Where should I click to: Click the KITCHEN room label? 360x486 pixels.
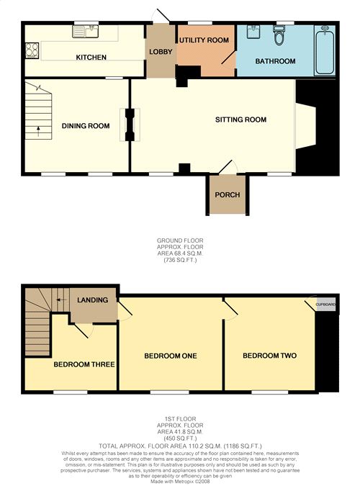coord(91,58)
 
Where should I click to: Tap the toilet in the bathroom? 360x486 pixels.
coord(279,35)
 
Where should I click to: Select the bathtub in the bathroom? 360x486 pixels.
coord(325,50)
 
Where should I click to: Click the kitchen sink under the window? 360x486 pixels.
coord(85,32)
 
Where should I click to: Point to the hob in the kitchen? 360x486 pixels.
coord(32,50)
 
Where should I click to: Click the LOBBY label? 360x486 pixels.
coord(161,52)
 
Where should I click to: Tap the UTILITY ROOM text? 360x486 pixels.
coord(204,40)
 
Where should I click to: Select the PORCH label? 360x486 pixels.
coord(228,195)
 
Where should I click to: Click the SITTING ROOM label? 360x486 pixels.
coord(240,120)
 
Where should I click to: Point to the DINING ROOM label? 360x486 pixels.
coord(86,126)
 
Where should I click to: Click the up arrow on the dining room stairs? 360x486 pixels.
coord(38,131)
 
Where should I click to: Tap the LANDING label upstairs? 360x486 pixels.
coord(93,300)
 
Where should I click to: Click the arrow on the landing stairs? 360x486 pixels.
coord(61,300)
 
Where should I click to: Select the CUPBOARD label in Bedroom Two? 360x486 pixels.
coord(325,305)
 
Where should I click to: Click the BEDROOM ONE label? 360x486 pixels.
coord(171,356)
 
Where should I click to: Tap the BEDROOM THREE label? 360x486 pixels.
coord(84,364)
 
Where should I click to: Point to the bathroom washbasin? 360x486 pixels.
coord(254,32)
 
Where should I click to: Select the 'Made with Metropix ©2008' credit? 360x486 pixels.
coord(180,482)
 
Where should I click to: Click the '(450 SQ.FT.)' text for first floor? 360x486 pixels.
coord(180,438)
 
